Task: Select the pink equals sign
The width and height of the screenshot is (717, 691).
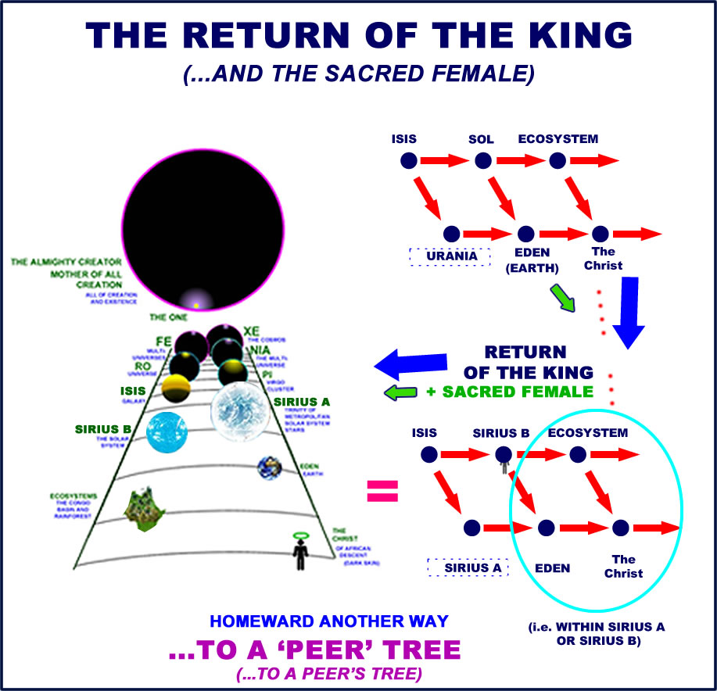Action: pos(382,491)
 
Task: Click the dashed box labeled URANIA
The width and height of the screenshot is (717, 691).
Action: pos(449,256)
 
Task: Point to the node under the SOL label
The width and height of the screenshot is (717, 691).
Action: pos(483,161)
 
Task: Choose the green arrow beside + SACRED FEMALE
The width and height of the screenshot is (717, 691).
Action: pos(401,392)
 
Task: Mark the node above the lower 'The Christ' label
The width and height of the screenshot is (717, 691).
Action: pos(621,528)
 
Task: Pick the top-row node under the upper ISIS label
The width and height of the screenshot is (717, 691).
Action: pos(408,161)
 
